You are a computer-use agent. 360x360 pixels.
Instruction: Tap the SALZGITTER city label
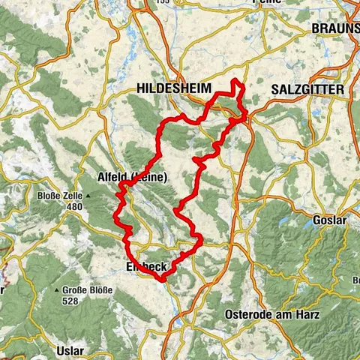(x=307, y=89)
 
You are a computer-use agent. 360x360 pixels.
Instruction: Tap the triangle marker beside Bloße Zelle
(x=88, y=196)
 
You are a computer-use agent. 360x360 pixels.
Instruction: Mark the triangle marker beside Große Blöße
(x=56, y=290)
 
